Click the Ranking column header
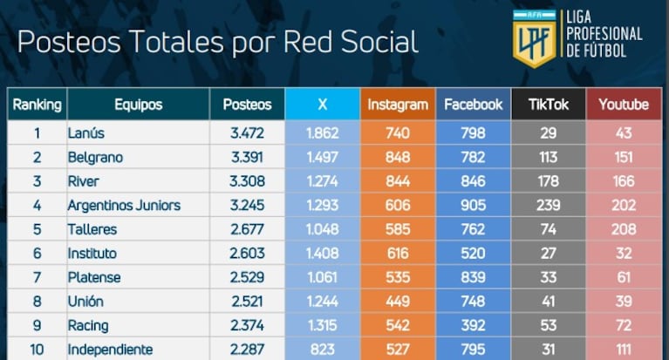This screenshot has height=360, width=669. click(x=37, y=105)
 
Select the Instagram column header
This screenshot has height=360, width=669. click(x=398, y=105)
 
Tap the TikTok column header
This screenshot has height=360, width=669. click(x=549, y=105)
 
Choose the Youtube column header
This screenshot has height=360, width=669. click(x=624, y=105)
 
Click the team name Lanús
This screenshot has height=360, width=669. click(x=85, y=133)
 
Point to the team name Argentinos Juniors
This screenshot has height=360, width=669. click(x=123, y=206)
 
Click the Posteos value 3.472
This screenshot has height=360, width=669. click(x=247, y=133)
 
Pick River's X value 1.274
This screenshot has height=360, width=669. click(x=323, y=181)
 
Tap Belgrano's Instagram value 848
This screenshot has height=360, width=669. click(x=398, y=158)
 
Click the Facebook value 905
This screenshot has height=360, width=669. click(x=474, y=206)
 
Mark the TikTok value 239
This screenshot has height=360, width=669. click(x=549, y=206)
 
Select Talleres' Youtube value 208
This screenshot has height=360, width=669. click(x=624, y=230)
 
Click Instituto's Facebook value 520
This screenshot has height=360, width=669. click(x=474, y=254)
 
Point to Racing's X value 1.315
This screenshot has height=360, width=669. click(x=323, y=326)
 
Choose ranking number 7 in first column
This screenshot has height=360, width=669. click(x=37, y=278)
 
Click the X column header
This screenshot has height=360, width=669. click(x=323, y=105)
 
